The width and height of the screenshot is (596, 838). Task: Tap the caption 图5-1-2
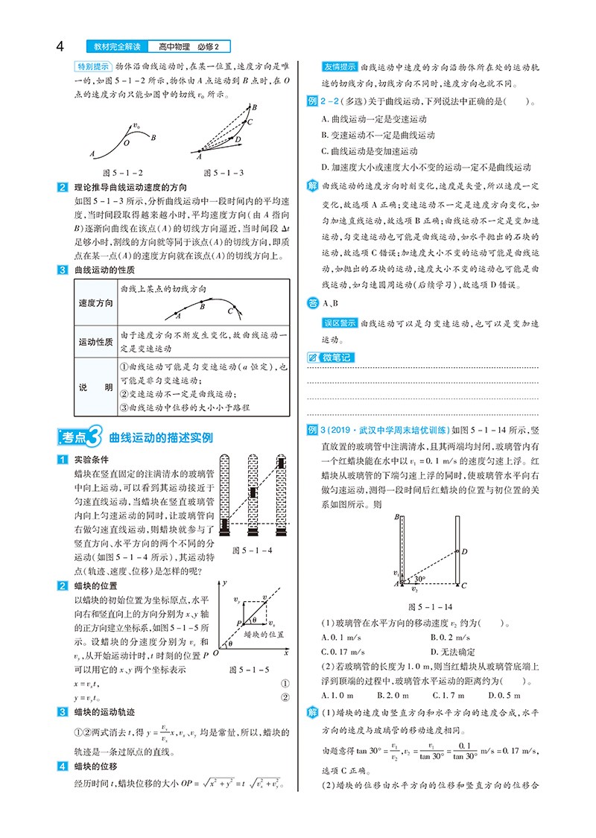point(112,172)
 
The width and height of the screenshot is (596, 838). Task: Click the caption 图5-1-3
point(223,172)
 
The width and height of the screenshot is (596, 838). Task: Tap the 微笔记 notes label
point(332,358)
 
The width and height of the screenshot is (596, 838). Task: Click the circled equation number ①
point(285,682)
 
